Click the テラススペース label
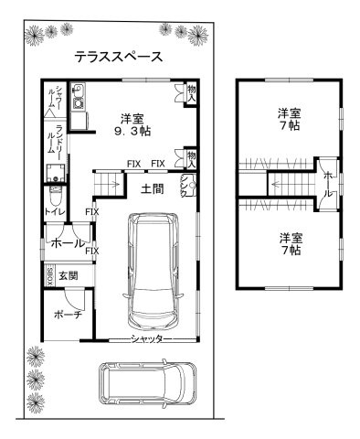(x=119, y=57)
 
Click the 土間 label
(x=152, y=189)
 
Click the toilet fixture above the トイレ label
(x=55, y=195)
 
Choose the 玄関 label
(x=69, y=275)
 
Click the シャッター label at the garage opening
(x=147, y=338)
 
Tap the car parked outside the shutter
(x=145, y=385)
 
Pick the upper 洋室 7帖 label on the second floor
(x=290, y=120)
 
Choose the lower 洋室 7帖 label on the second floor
(x=290, y=243)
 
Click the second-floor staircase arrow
(x=280, y=182)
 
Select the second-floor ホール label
(x=328, y=182)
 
